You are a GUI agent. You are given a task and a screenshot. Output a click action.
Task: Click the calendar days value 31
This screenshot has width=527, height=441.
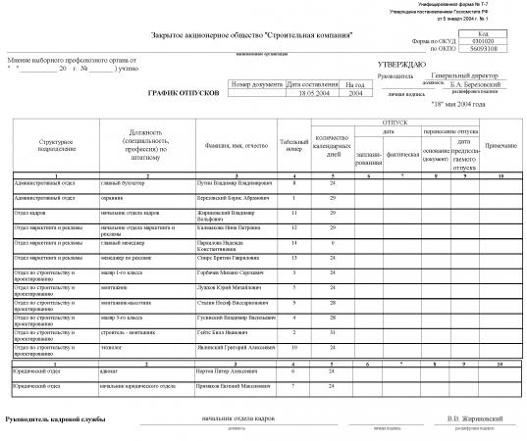334,331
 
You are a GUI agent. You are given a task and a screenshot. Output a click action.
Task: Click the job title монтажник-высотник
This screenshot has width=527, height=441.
125,302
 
